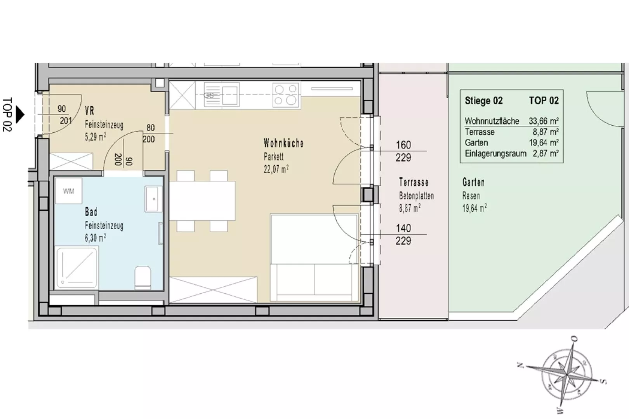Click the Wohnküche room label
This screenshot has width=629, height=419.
coord(283,143)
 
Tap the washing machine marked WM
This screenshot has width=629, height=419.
coord(69,191)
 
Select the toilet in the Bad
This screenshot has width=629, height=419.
coord(142,278)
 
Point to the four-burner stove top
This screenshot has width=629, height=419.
coord(286,95)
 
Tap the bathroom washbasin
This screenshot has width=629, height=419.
coord(153,199)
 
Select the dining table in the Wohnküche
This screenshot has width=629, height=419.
coord(202,201)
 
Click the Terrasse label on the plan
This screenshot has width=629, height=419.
coord(414,182)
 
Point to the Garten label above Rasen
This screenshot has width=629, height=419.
coord(473,182)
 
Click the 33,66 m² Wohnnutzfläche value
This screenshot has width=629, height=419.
coord(544,121)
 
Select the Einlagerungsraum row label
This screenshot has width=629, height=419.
coord(495,154)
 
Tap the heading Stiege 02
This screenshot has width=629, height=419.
coord(483,100)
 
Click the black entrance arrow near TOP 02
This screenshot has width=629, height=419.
coord(20,114)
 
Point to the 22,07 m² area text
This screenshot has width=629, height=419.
coord(276,169)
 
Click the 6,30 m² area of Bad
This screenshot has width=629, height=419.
coord(96,238)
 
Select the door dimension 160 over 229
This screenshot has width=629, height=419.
coord(403,151)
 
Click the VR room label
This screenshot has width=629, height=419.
coord(90,111)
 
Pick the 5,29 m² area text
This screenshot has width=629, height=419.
coord(96,137)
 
